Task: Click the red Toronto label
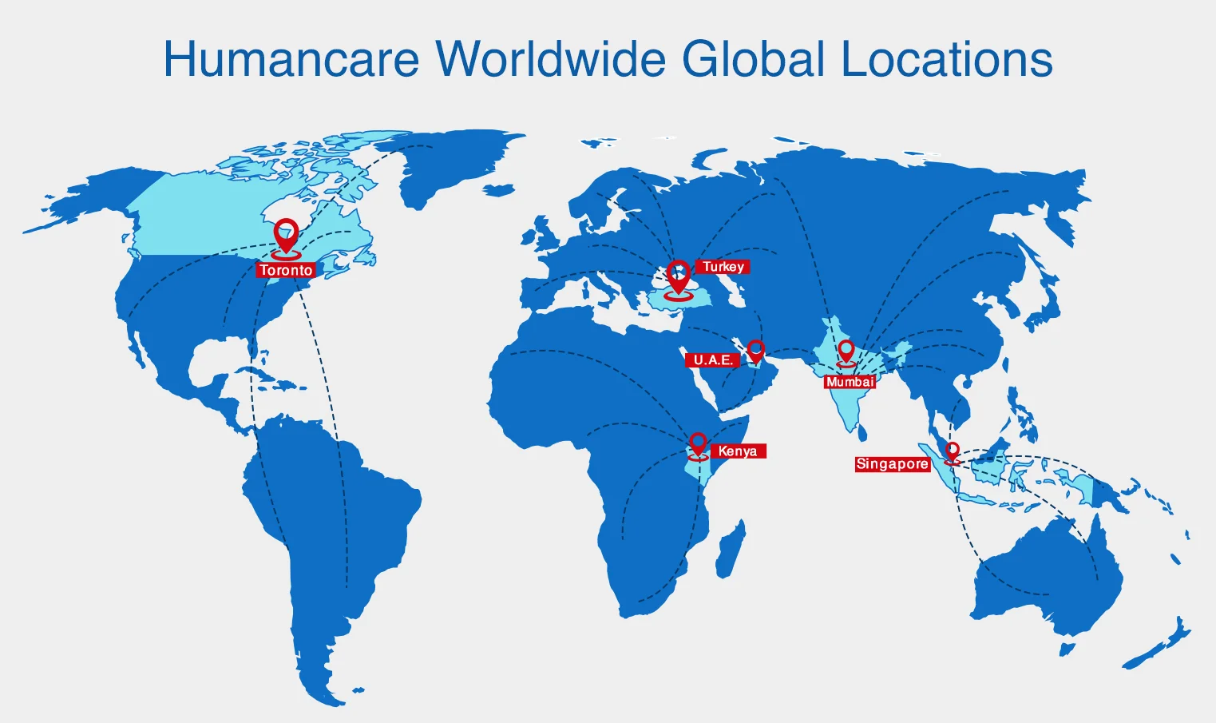click(x=286, y=270)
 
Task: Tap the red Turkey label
click(x=723, y=267)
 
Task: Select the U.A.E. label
click(x=712, y=360)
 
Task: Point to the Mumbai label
click(x=850, y=382)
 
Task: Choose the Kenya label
click(x=738, y=451)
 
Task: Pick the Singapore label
click(x=892, y=464)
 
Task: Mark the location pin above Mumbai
click(x=846, y=352)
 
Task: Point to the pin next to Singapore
click(x=952, y=452)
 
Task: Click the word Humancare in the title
click(x=291, y=59)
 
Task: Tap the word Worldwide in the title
click(x=550, y=59)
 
